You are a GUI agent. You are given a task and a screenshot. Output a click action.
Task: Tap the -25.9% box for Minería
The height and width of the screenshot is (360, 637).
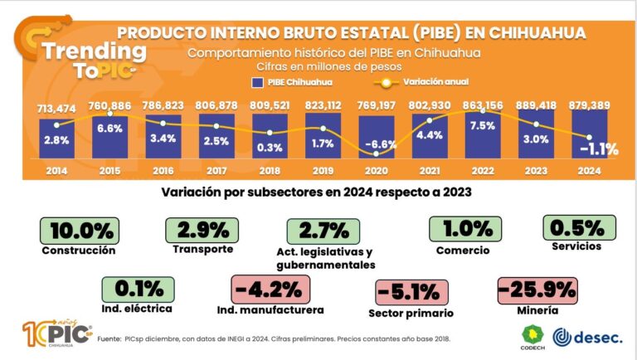(537, 290)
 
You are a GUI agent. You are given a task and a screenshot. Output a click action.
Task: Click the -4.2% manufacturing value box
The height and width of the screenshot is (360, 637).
(272, 290)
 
